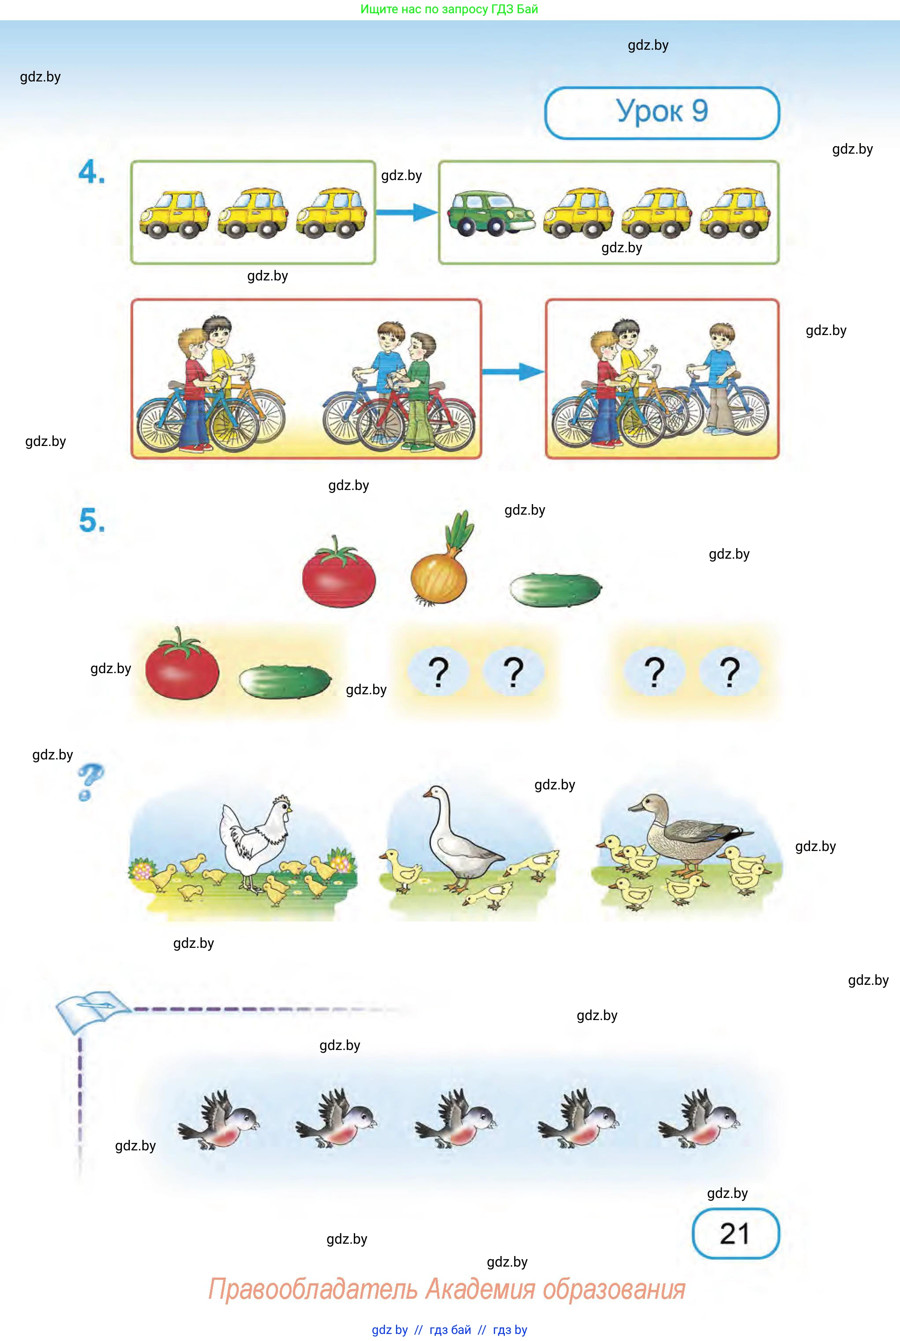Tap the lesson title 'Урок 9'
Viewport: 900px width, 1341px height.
pos(662,112)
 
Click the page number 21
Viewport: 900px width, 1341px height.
pos(735,1233)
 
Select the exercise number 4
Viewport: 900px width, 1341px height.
pos(91,172)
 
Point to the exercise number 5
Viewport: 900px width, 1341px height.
pos(92,520)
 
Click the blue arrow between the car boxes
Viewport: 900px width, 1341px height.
pos(406,212)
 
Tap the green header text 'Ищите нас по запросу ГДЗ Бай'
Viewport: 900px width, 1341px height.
pos(449,9)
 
